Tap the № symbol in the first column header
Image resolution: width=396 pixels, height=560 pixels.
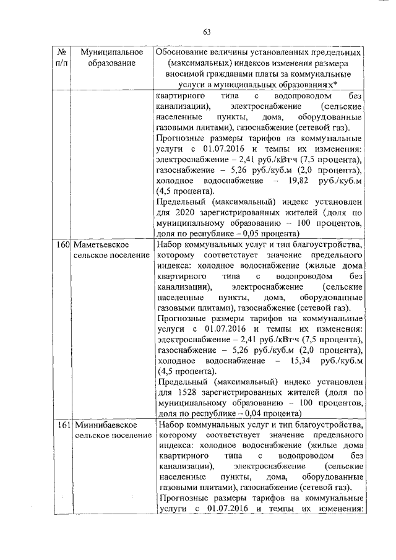tap(61, 51)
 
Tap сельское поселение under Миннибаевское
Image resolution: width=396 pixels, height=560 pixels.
tap(113, 436)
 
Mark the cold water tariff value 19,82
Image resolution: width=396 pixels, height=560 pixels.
tap(297, 180)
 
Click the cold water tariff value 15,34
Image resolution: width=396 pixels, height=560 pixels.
tap(297, 361)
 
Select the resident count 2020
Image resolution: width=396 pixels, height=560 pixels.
tap(184, 213)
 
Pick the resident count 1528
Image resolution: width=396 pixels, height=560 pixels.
tap(184, 392)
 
